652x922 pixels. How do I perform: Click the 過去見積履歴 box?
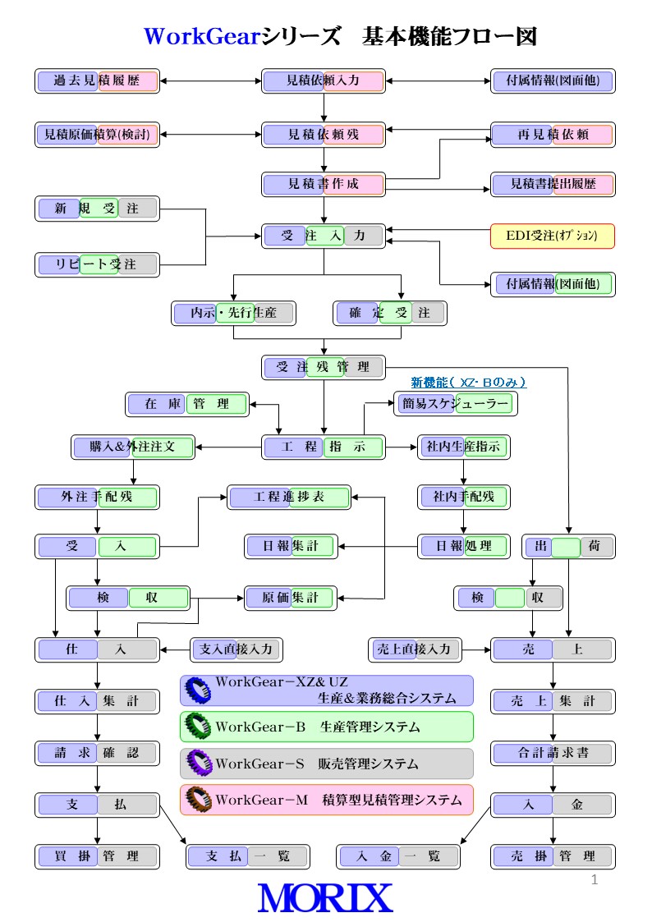pyautogui.click(x=97, y=81)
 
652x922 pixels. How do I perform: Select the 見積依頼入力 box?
pyautogui.click(x=324, y=81)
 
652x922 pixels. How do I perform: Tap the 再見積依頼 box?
pyautogui.click(x=553, y=135)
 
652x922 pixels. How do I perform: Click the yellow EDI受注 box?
pyautogui.click(x=553, y=236)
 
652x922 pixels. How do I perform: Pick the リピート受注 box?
pyautogui.click(x=97, y=264)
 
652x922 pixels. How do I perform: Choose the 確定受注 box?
pyautogui.click(x=390, y=313)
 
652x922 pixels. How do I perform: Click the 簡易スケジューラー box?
pyautogui.click(x=456, y=404)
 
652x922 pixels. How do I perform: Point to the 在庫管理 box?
pyautogui.click(x=187, y=404)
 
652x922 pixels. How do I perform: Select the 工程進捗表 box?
pyautogui.click(x=289, y=497)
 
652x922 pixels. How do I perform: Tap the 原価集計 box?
pyautogui.click(x=291, y=598)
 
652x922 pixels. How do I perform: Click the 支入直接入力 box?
pyautogui.click(x=236, y=649)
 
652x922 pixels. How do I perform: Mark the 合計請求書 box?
pyautogui.click(x=553, y=753)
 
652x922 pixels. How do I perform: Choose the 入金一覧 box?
pyautogui.click(x=398, y=856)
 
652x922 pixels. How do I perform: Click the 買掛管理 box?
pyautogui.click(x=97, y=856)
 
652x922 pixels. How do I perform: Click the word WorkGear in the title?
pyautogui.click(x=202, y=37)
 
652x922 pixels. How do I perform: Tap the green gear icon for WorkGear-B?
pyautogui.click(x=198, y=727)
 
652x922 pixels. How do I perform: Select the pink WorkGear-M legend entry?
pyautogui.click(x=327, y=800)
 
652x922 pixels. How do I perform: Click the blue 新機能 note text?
pyautogui.click(x=468, y=383)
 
